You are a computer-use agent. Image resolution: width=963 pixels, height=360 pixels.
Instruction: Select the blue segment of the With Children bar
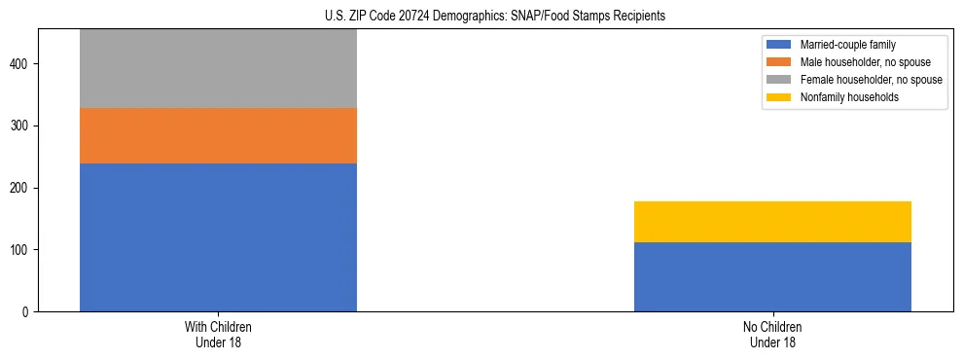(218, 237)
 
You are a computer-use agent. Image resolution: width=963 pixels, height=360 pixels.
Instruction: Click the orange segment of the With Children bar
(218, 135)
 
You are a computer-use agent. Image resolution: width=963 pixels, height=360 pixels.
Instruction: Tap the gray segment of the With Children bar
(218, 68)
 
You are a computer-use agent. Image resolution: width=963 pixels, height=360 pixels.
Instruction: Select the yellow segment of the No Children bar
(772, 222)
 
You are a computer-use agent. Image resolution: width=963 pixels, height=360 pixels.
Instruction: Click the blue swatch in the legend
(778, 45)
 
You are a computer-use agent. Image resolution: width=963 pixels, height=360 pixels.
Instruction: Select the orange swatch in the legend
(778, 62)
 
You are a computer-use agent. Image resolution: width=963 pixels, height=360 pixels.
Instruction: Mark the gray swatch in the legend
(778, 80)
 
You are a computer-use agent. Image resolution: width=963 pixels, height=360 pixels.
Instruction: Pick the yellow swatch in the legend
(778, 97)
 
